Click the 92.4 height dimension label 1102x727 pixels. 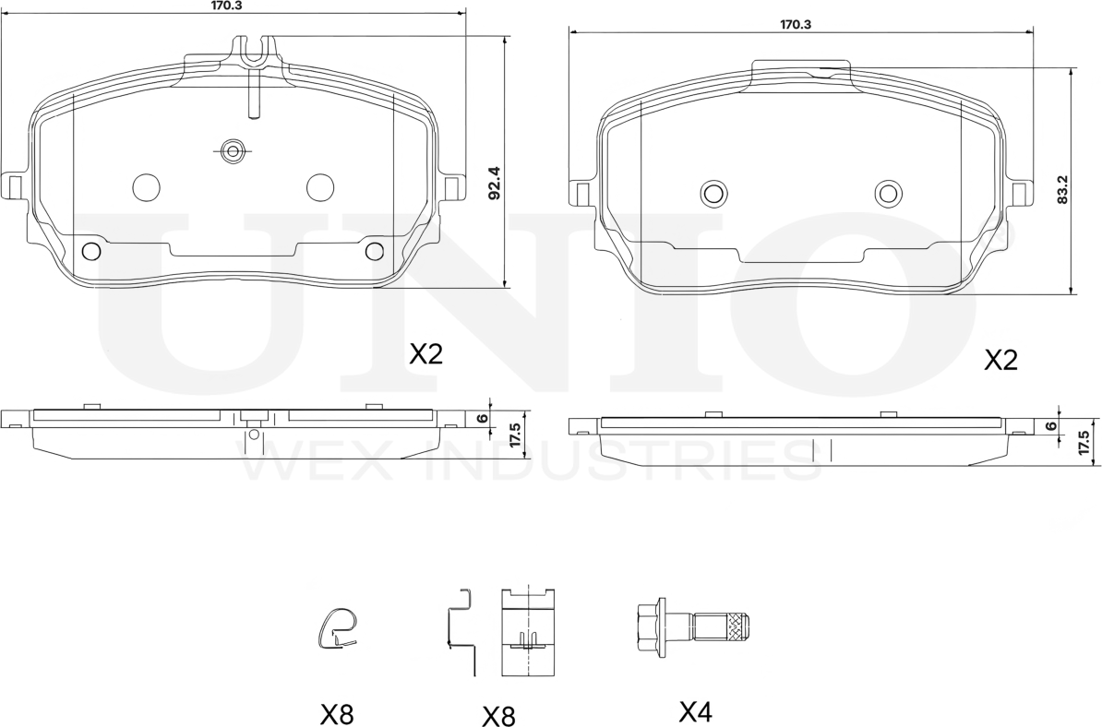click(494, 183)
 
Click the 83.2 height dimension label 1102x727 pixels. click(1062, 190)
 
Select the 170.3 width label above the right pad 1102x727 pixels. click(796, 24)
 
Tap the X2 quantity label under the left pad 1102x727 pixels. click(426, 354)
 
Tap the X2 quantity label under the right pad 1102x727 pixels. click(1000, 361)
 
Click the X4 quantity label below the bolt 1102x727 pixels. click(696, 712)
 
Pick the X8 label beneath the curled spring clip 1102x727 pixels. click(337, 715)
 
